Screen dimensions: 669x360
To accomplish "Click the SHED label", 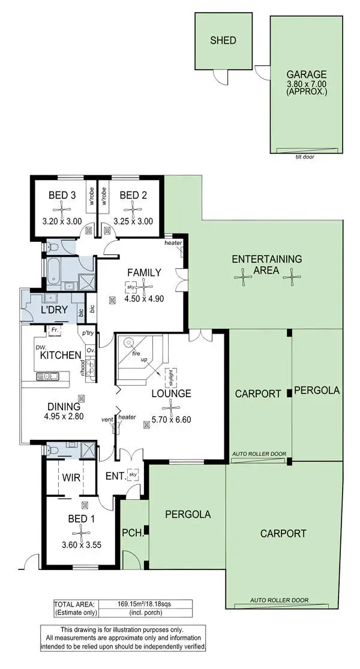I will [223, 41].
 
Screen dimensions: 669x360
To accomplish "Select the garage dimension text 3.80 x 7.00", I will [307, 85].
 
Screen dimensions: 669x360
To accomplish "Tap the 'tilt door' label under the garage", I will [305, 157].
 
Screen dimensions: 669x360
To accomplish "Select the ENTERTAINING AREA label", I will [266, 265].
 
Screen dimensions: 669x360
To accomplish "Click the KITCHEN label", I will [61, 355].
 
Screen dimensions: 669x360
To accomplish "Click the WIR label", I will [71, 478].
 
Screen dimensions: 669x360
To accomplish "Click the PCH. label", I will [131, 532].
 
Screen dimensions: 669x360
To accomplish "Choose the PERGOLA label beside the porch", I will [187, 514].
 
